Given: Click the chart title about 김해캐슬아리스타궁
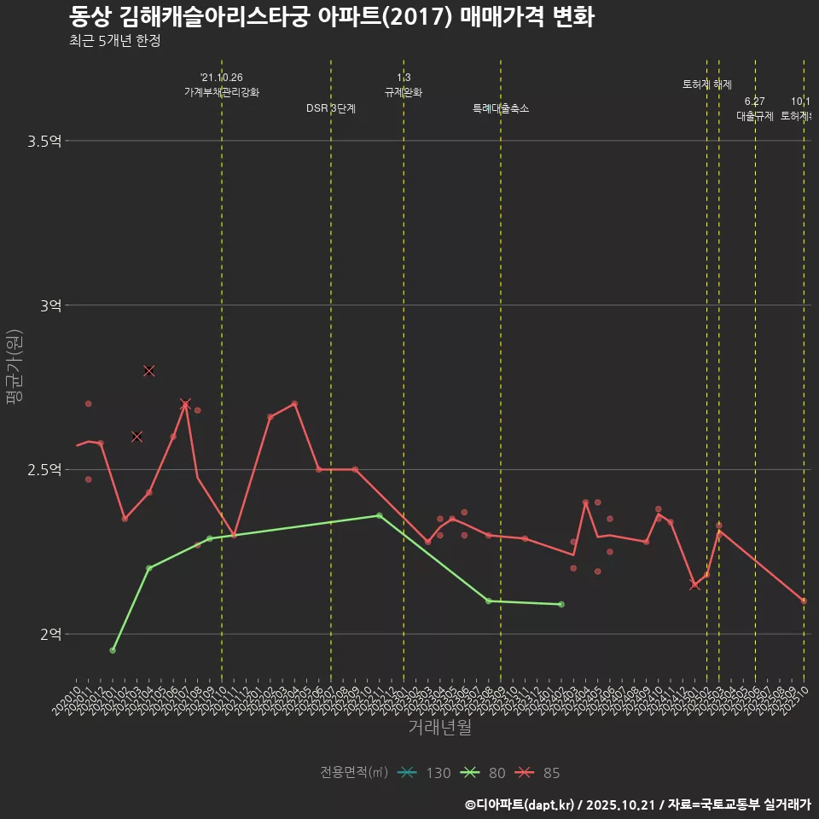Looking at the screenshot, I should pyautogui.click(x=331, y=16).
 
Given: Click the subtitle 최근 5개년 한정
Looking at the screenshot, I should pyautogui.click(x=114, y=40).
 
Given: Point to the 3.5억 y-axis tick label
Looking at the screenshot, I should pyautogui.click(x=44, y=141).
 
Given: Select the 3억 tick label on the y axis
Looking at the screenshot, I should pyautogui.click(x=50, y=305).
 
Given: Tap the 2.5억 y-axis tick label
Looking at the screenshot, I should pyautogui.click(x=44, y=470).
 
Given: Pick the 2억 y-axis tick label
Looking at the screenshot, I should pyautogui.click(x=50, y=635).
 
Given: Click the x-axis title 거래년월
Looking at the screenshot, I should pyautogui.click(x=439, y=728).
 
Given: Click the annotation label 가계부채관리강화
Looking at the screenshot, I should pyautogui.click(x=222, y=92).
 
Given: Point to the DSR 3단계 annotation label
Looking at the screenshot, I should pyautogui.click(x=331, y=108).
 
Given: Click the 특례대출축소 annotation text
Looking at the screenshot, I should pyautogui.click(x=501, y=108).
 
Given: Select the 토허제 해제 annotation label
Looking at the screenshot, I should pyautogui.click(x=706, y=84).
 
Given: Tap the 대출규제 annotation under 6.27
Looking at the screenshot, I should pyautogui.click(x=755, y=116).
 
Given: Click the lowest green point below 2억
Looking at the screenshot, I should pyautogui.click(x=113, y=650).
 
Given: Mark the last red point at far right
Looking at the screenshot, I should pyautogui.click(x=804, y=601).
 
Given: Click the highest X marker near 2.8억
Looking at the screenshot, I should pyautogui.click(x=149, y=370).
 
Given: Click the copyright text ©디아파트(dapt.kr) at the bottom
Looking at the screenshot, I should pyautogui.click(x=521, y=804).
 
